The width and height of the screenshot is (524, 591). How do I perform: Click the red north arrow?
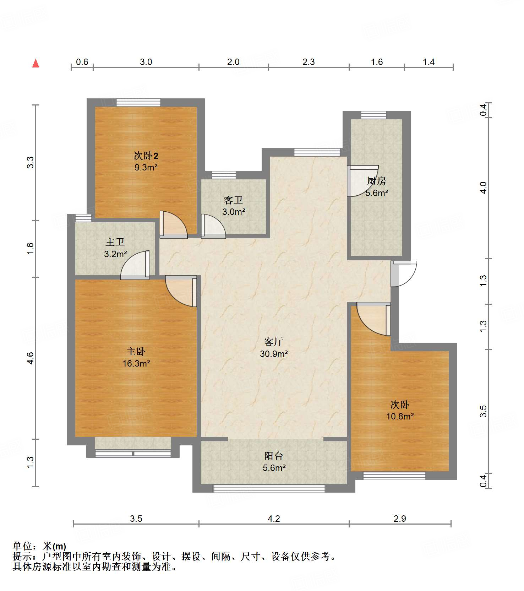[x=36, y=63]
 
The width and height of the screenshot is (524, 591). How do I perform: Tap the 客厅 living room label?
[x=273, y=342]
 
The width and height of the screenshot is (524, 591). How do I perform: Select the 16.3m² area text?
[x=136, y=363]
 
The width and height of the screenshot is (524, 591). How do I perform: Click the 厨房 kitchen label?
[x=376, y=181]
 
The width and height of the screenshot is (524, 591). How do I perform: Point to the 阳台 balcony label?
[x=274, y=456]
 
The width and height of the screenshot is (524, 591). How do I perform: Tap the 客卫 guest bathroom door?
[x=213, y=226]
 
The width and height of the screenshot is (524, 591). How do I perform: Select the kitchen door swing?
[x=362, y=181]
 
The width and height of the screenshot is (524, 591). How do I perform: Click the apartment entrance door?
[x=404, y=274]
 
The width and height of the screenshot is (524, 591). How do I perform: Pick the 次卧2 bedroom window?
[x=138, y=102]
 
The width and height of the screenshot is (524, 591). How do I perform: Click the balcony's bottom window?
[x=269, y=488]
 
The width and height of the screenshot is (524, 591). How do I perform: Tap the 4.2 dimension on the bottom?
[x=274, y=519]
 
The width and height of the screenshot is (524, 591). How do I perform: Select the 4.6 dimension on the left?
[x=31, y=358]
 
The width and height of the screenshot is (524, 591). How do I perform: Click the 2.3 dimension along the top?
[x=309, y=62]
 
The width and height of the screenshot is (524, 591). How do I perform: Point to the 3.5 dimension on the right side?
[x=483, y=411]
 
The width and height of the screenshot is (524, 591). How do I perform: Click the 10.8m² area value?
[x=400, y=416]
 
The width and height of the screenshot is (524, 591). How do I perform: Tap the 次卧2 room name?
[x=146, y=156]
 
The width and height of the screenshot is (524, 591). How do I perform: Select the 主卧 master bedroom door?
[x=181, y=291]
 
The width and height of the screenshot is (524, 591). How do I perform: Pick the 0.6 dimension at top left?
[x=82, y=62]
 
